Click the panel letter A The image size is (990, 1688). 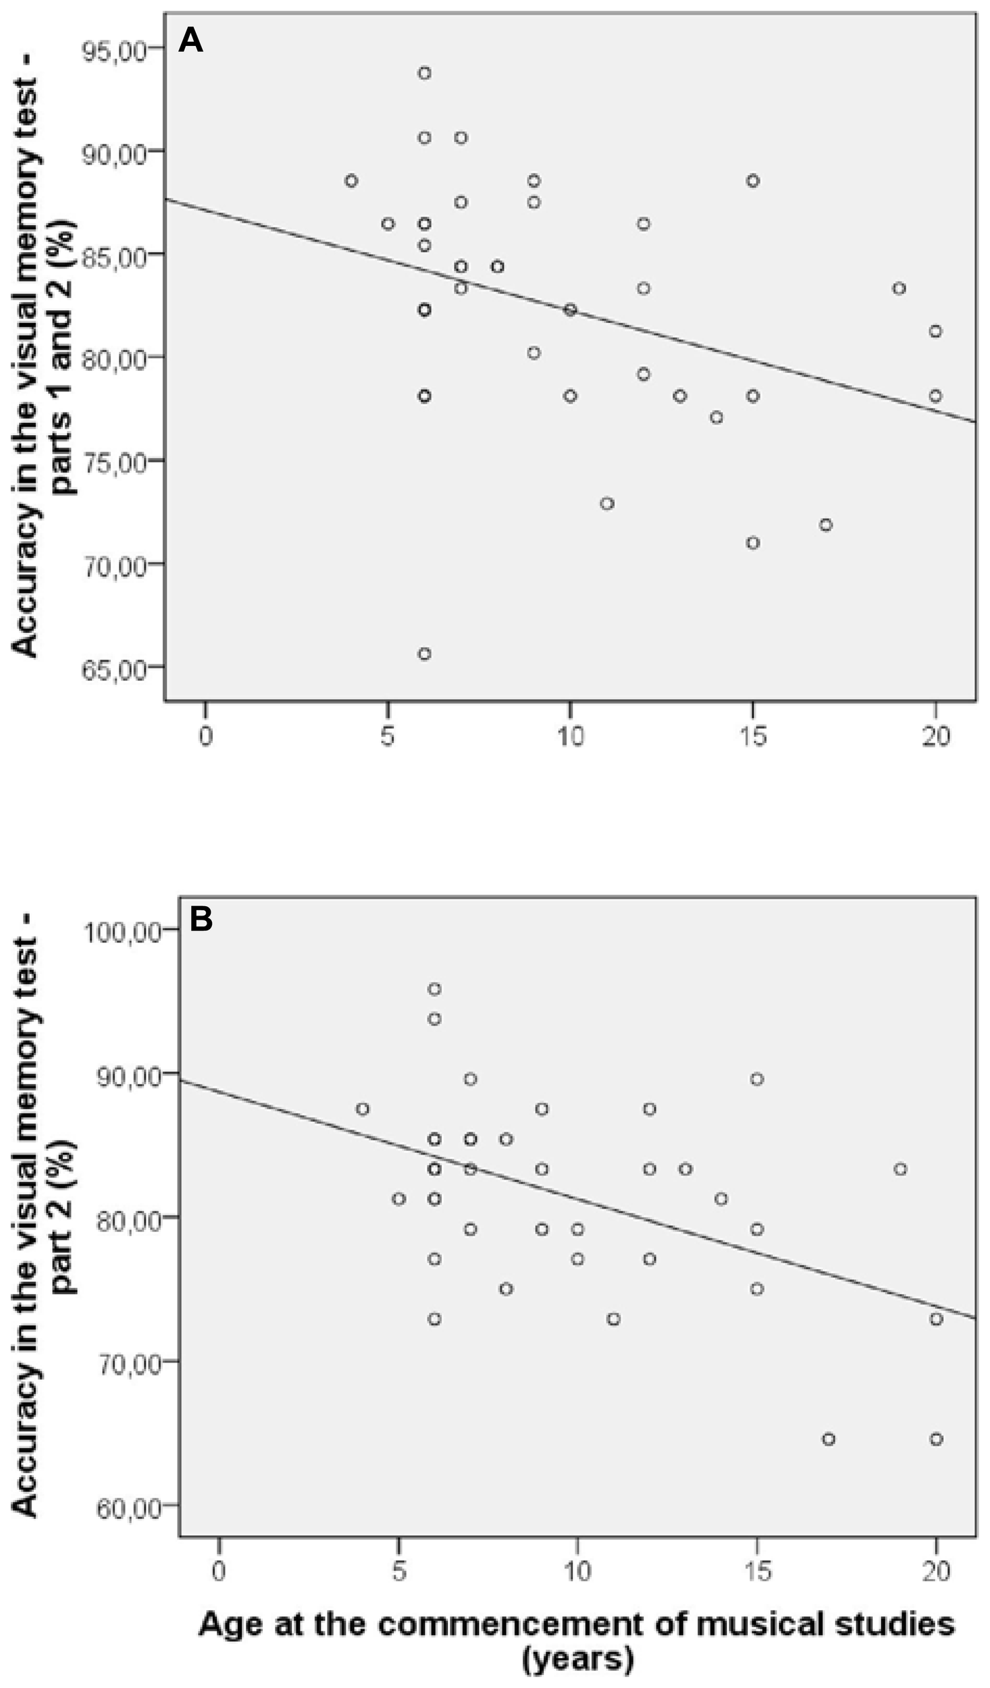pyautogui.click(x=190, y=42)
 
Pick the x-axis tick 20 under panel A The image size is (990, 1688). pyautogui.click(x=935, y=737)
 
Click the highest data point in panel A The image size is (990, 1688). pyautogui.click(x=424, y=73)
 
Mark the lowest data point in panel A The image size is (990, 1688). pyautogui.click(x=424, y=654)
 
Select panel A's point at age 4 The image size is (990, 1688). pyautogui.click(x=351, y=181)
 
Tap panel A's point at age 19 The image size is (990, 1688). pyautogui.click(x=899, y=288)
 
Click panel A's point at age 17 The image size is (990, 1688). pyautogui.click(x=825, y=525)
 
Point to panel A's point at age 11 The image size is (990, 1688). pyautogui.click(x=607, y=504)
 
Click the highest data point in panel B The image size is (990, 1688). pyautogui.click(x=434, y=989)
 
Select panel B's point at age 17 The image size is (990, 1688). pyautogui.click(x=829, y=1439)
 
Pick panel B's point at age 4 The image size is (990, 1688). pyautogui.click(x=363, y=1109)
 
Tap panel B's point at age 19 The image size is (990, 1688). pyautogui.click(x=900, y=1169)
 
